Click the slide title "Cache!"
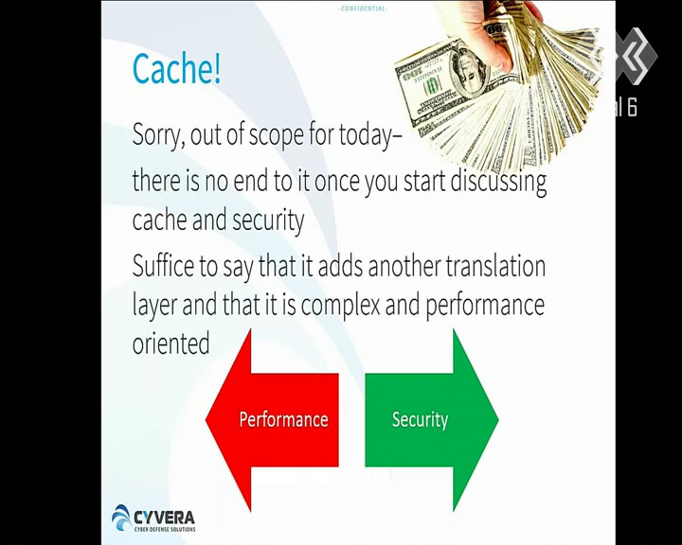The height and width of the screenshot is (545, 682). (x=176, y=68)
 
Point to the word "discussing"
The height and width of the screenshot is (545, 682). (x=498, y=181)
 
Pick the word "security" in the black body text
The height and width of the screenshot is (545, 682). (x=268, y=220)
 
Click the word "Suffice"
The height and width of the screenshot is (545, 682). (x=163, y=266)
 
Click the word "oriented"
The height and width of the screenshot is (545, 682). (x=170, y=343)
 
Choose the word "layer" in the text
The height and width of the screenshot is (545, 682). (x=154, y=306)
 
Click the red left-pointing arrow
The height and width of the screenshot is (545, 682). (x=272, y=420)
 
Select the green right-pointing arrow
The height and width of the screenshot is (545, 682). (x=432, y=420)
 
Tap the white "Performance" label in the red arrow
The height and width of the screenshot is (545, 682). (x=283, y=420)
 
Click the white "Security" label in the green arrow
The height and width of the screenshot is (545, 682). (x=420, y=420)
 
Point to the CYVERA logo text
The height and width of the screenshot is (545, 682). (x=165, y=518)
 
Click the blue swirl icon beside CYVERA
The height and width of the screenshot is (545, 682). (x=121, y=518)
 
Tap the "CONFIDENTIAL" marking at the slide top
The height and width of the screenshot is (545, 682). (x=362, y=9)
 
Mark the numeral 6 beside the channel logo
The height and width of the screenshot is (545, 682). (x=631, y=107)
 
